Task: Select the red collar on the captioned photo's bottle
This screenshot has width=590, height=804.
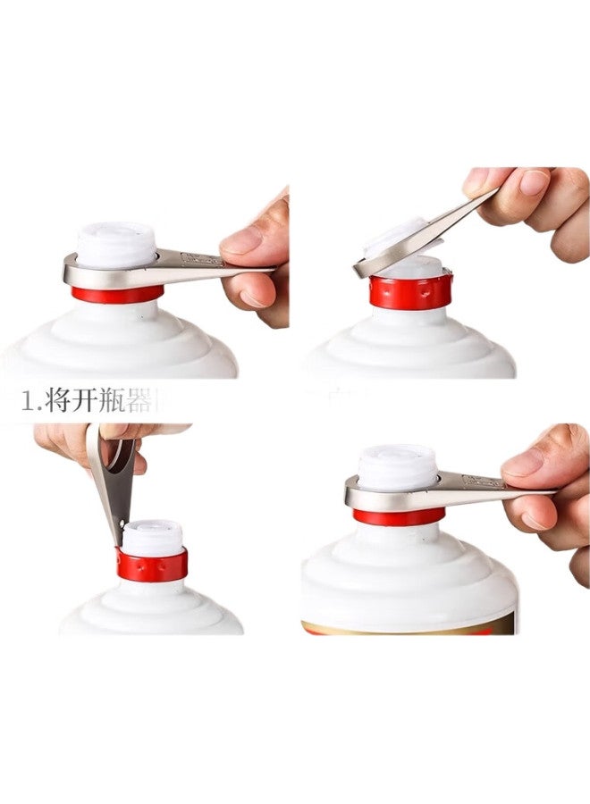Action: point(116,295)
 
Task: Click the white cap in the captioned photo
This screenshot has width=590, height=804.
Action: point(116,243)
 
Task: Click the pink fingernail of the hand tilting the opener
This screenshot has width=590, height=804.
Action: point(535,182)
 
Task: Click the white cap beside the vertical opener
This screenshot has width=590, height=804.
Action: point(152,538)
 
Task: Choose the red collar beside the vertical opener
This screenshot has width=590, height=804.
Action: point(152,565)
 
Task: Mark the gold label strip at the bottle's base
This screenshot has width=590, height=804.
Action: point(411,628)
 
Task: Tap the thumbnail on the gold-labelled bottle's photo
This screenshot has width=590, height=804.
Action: point(523,463)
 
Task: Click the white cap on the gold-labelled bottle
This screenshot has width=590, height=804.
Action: point(398,465)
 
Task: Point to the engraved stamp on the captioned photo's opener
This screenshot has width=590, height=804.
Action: point(200,260)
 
